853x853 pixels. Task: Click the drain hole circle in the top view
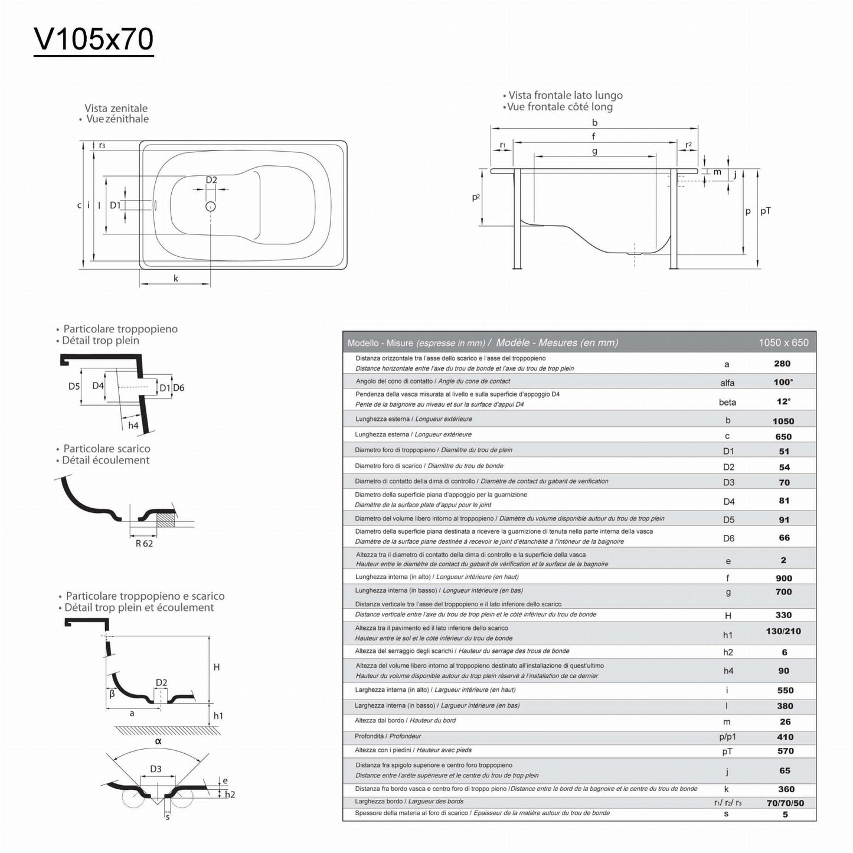(210, 206)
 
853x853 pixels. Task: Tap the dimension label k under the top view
(176, 279)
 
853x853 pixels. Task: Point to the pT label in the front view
(766, 211)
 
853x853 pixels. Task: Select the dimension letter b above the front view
(594, 122)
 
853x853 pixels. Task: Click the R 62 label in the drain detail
(144, 544)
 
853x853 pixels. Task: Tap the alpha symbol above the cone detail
(158, 741)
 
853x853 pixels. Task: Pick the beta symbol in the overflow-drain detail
(112, 694)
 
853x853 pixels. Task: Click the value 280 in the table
(782, 364)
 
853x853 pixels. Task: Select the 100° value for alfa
(783, 382)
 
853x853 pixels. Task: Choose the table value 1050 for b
(783, 421)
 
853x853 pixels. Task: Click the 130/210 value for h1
(783, 631)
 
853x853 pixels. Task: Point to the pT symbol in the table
(727, 751)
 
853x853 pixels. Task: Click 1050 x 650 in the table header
(783, 342)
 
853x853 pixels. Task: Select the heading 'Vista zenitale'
(116, 108)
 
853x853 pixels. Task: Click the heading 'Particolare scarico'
(107, 449)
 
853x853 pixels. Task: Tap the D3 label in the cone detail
(156, 769)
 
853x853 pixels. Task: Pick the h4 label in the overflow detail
(133, 426)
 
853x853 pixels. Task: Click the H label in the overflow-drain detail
(217, 667)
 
